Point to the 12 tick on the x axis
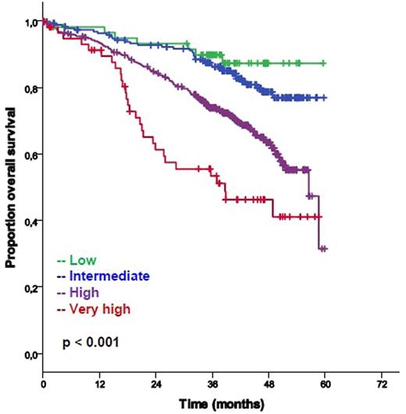(99, 386)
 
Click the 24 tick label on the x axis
(156, 386)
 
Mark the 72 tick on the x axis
(383, 386)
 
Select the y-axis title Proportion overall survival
(11, 190)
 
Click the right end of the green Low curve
(324, 62)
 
